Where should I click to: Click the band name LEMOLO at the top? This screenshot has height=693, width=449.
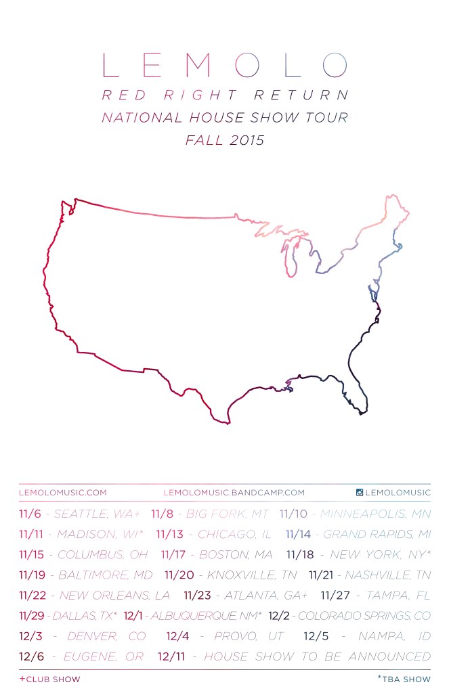point(224,66)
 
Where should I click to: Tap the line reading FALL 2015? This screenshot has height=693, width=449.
point(224,141)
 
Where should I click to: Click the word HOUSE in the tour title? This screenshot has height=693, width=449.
point(220,117)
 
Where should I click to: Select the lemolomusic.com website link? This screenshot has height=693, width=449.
point(63,493)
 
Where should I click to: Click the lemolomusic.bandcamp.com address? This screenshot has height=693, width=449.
point(234,493)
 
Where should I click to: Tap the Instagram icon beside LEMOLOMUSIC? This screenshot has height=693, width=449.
point(360,493)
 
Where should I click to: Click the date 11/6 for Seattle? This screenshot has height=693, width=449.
point(31,514)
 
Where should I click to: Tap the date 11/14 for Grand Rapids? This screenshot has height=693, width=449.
point(299,535)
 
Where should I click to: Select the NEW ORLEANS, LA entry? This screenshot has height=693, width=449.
point(114,596)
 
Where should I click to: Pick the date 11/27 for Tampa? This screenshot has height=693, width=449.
point(334,596)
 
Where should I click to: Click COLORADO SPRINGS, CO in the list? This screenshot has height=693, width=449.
point(364,616)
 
